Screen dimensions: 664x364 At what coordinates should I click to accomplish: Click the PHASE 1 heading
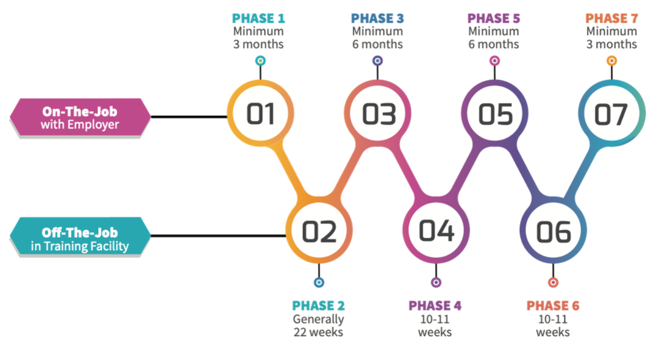(x=259, y=18)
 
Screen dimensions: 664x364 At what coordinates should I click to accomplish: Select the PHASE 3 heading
(x=378, y=18)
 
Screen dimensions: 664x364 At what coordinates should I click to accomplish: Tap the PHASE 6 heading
(x=553, y=306)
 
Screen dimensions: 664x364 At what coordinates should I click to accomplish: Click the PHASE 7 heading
(x=611, y=18)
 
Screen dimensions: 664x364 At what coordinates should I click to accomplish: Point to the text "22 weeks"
(x=318, y=332)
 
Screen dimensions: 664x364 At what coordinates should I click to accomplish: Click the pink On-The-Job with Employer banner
(x=80, y=117)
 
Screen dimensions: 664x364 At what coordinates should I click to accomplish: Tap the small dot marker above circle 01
(x=261, y=61)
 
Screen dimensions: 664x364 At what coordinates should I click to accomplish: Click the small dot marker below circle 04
(x=436, y=282)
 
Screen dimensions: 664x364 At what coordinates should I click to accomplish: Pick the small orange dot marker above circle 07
(x=612, y=61)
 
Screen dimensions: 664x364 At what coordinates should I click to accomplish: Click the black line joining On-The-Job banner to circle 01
(x=189, y=117)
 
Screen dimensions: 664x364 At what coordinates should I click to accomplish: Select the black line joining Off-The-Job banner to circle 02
(x=218, y=236)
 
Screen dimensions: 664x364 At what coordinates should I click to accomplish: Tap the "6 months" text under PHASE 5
(x=493, y=44)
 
